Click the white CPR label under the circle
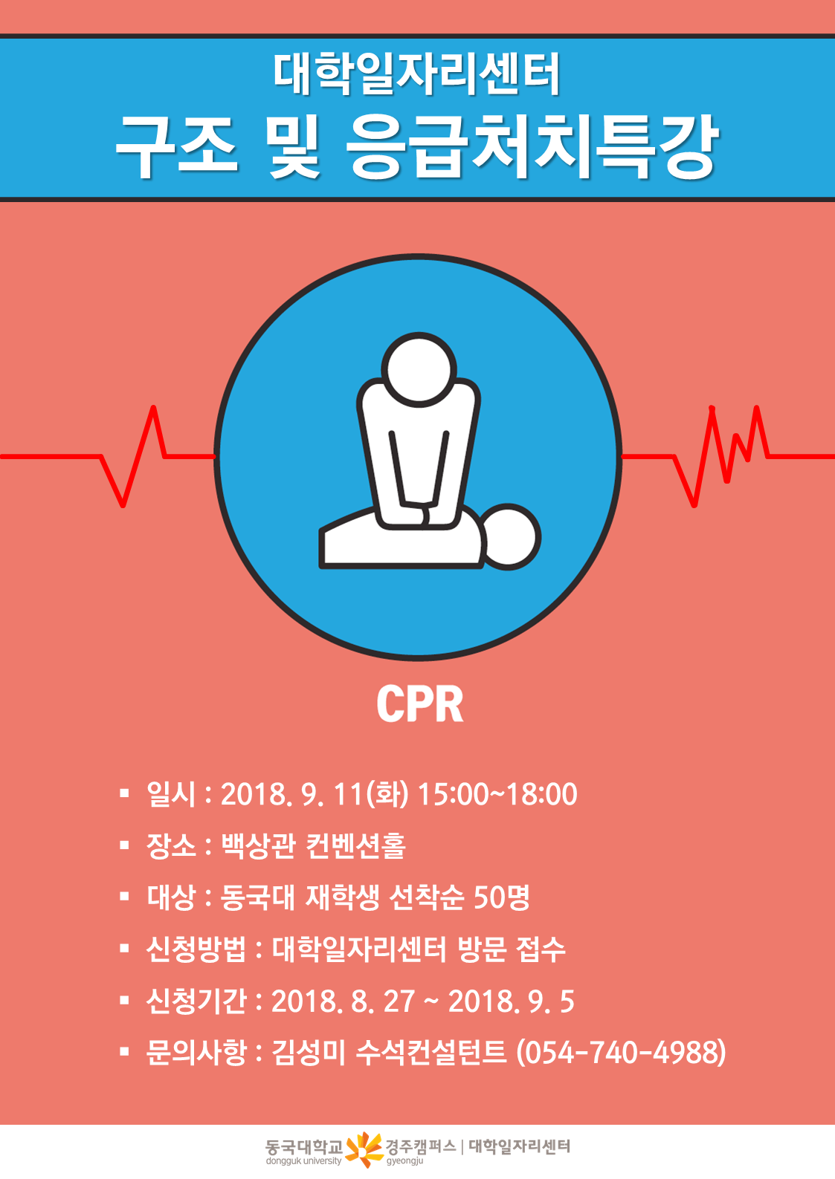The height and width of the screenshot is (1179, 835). [x=420, y=704]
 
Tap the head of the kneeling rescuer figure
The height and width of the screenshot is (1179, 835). [x=419, y=369]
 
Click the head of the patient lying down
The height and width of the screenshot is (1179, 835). [x=509, y=537]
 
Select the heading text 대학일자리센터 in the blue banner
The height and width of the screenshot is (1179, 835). [x=416, y=74]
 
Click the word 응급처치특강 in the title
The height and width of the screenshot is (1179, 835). [x=532, y=146]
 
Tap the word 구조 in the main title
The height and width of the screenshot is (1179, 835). [x=177, y=146]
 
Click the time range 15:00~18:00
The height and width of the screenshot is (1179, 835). [x=497, y=794]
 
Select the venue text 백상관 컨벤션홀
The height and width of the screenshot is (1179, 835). [x=313, y=846]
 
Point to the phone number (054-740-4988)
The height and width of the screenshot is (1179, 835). [x=621, y=1052]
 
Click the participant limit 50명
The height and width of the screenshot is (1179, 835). [x=502, y=897]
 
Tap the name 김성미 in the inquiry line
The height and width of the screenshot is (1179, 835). [x=309, y=1052]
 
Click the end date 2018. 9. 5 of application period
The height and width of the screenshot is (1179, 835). [x=511, y=1001]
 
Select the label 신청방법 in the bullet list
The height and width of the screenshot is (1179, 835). [x=196, y=949]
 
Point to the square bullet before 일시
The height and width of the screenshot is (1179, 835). [x=124, y=793]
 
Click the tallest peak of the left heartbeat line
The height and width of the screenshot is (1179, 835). [x=153, y=407]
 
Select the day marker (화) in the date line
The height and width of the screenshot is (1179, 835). [x=387, y=794]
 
